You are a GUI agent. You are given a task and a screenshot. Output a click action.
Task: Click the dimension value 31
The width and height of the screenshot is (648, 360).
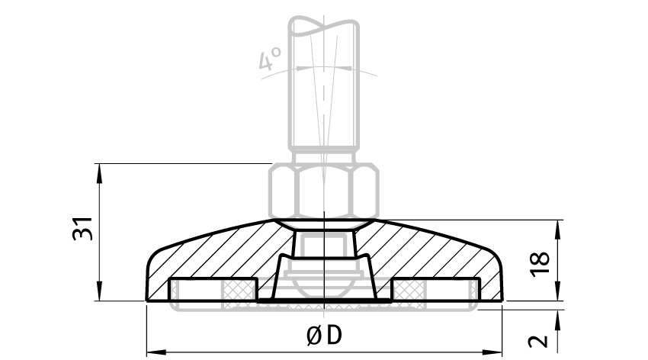(x=84, y=230)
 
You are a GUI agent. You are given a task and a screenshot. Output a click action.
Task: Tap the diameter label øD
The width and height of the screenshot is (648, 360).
(x=323, y=336)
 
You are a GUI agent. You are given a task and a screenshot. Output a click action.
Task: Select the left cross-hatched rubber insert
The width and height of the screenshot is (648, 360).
(x=239, y=291)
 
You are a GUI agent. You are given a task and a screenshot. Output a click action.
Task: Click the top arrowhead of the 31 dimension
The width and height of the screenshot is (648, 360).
(x=99, y=170)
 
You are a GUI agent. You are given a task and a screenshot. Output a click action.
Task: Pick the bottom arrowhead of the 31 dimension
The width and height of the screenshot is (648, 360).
(x=99, y=295)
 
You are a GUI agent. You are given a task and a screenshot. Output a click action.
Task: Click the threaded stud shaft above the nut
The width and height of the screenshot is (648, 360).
(x=323, y=99)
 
